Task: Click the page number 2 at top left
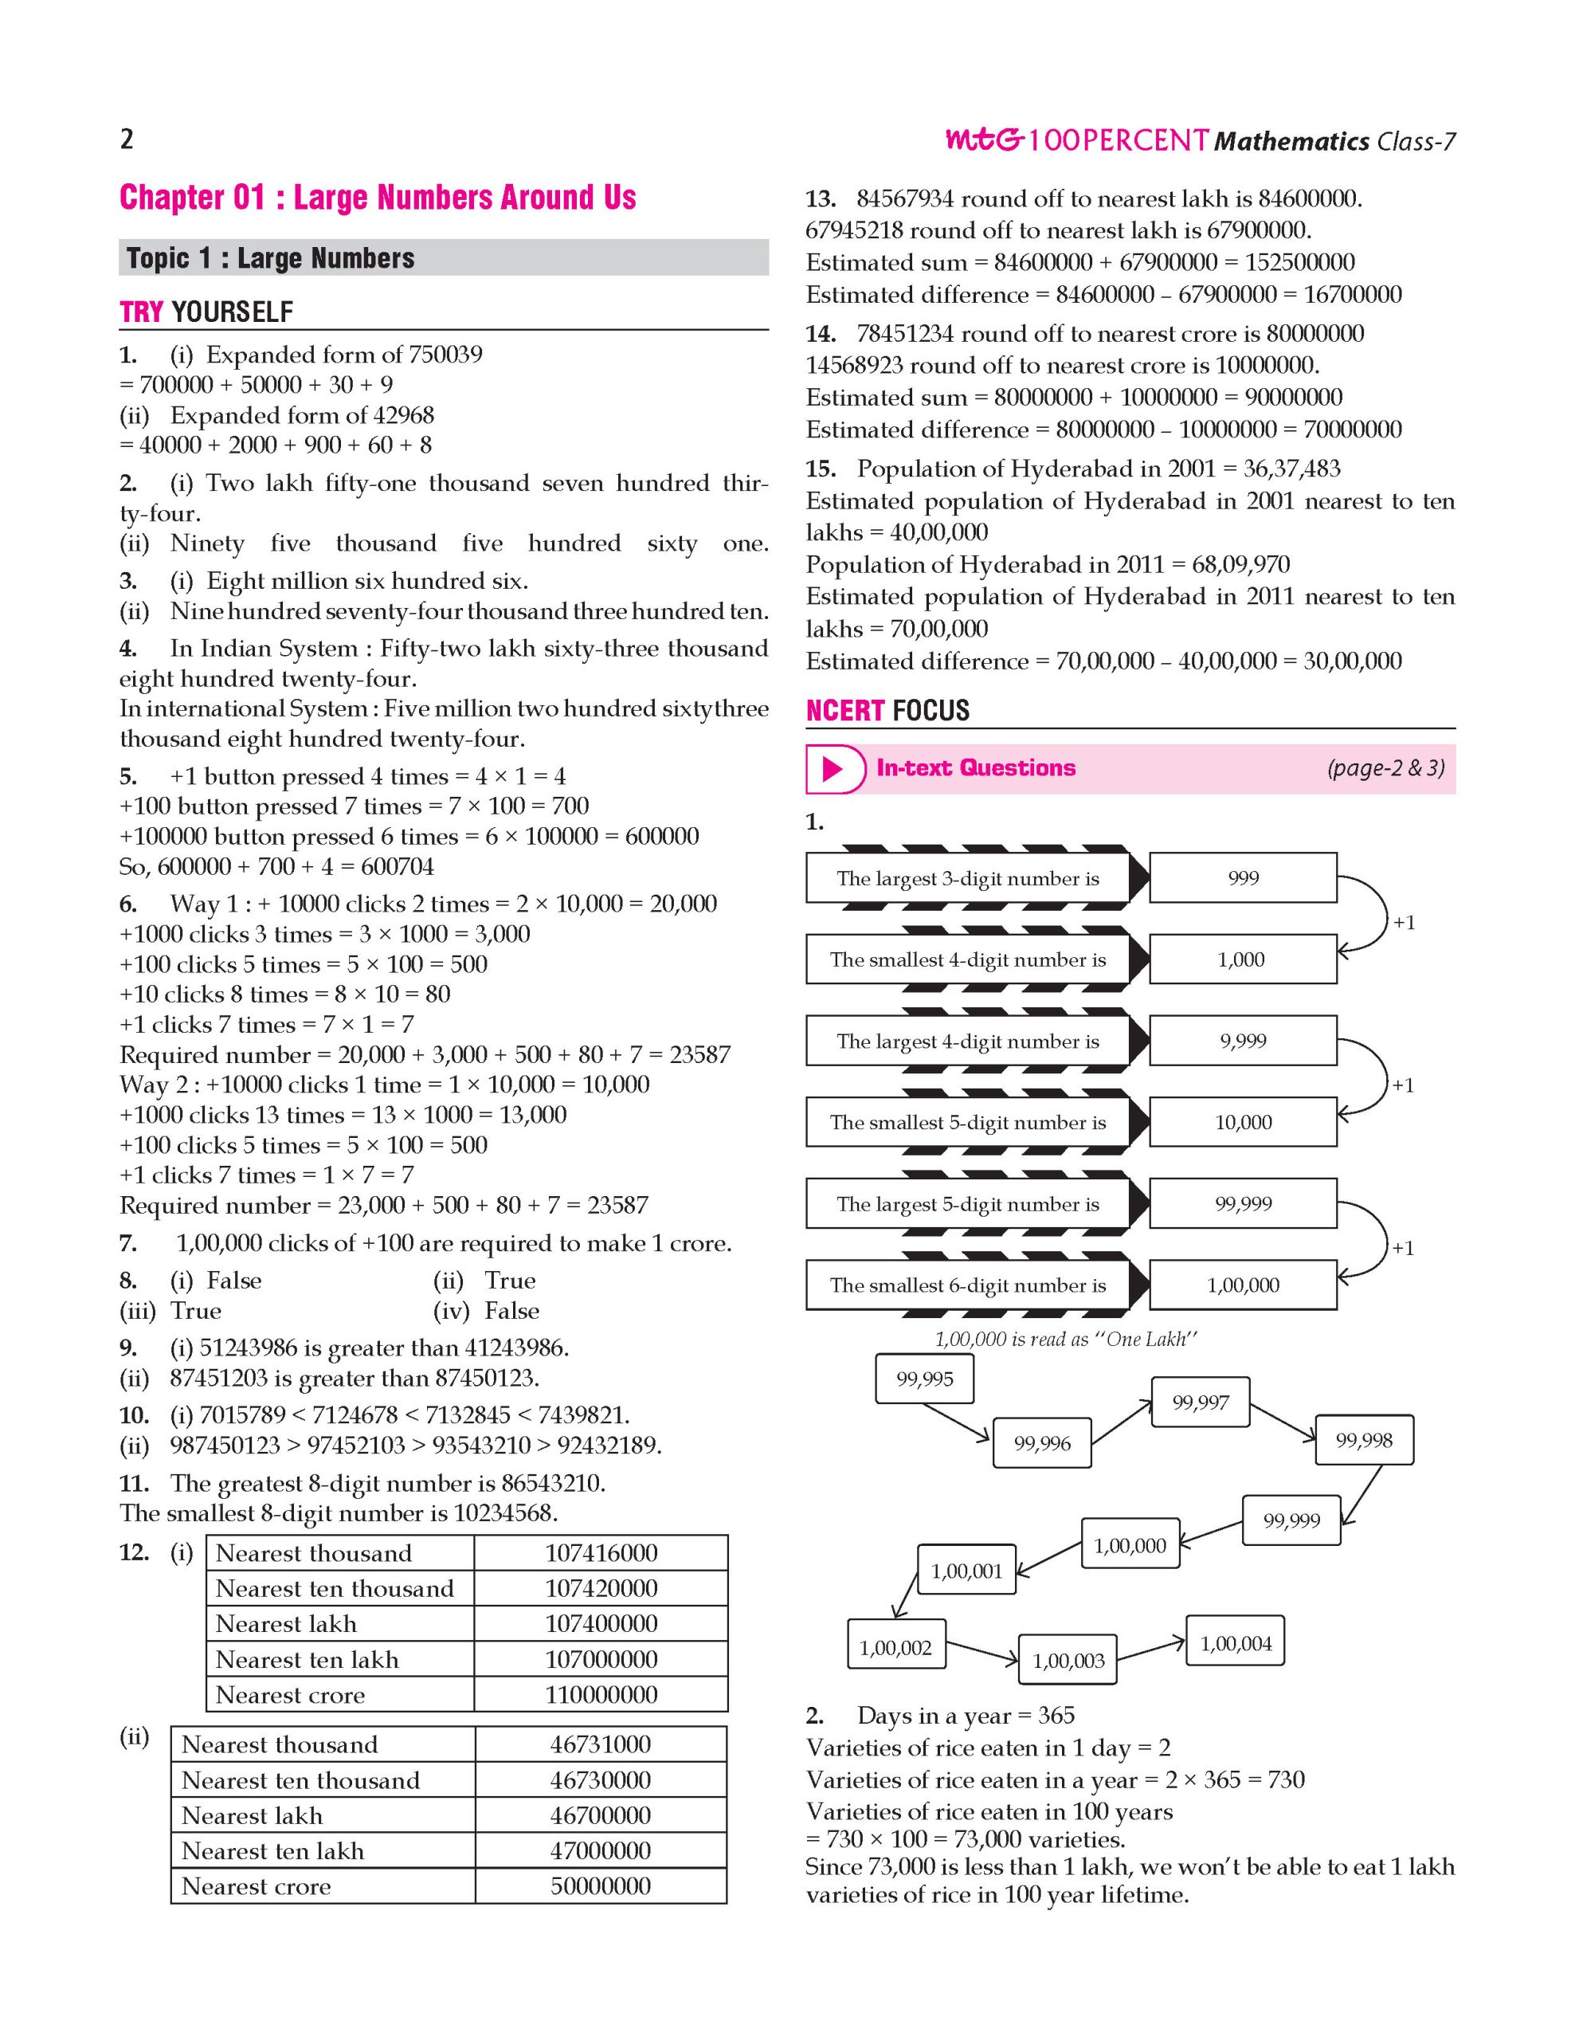tap(127, 139)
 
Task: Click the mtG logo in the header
tap(984, 140)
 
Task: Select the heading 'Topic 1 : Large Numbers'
tap(271, 258)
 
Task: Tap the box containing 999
tap(1243, 878)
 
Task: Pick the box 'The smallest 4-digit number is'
tap(967, 959)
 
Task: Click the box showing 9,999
tap(1243, 1041)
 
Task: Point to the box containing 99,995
tap(924, 1379)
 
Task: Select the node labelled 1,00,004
tap(1235, 1643)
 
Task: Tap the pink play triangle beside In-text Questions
tap(832, 769)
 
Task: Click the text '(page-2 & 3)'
tap(1385, 768)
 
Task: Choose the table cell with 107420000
tap(601, 1588)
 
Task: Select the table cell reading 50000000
tap(601, 1886)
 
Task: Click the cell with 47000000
tap(601, 1850)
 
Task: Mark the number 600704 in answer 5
tap(397, 866)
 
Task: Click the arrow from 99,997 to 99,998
tap(1283, 1421)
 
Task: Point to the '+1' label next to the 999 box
tap(1405, 923)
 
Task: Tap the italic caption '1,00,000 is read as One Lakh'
tap(1065, 1339)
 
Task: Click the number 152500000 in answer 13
tap(1299, 262)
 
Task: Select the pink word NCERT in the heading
tap(844, 711)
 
